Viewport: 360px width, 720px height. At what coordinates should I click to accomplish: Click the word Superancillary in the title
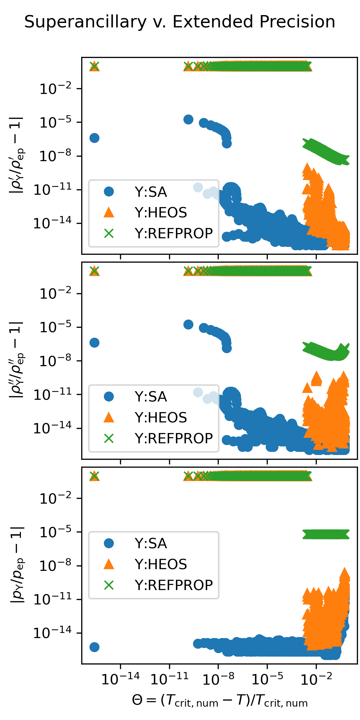click(85, 23)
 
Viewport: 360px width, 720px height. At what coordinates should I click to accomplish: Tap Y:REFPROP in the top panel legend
click(173, 233)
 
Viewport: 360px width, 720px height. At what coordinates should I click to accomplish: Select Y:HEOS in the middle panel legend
click(161, 418)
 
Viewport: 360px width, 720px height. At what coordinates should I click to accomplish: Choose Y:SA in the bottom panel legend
click(151, 543)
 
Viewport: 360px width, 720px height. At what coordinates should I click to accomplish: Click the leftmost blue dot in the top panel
click(94, 138)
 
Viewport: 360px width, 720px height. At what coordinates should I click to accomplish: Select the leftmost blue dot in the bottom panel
click(94, 647)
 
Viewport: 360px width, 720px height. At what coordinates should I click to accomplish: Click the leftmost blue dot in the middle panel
click(94, 343)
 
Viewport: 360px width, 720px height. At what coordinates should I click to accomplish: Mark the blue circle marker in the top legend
click(109, 192)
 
